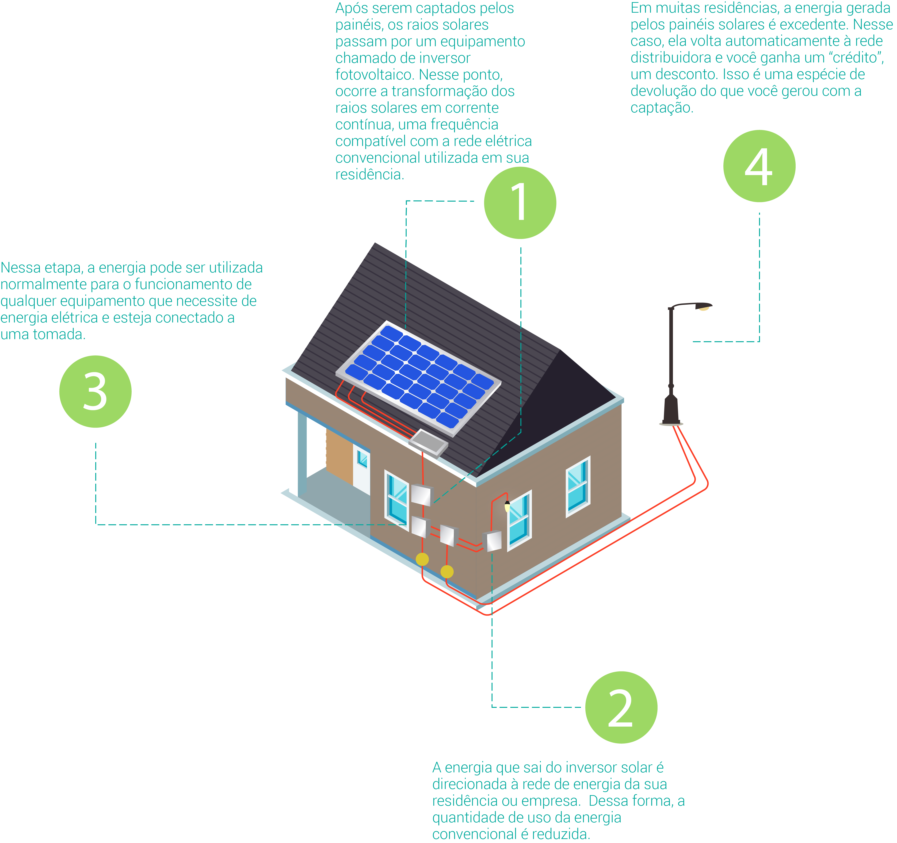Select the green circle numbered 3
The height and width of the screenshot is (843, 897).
tap(95, 391)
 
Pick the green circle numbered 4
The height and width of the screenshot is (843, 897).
tap(759, 166)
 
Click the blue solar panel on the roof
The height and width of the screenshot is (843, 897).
tap(418, 378)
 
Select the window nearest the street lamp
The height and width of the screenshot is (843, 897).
tap(578, 487)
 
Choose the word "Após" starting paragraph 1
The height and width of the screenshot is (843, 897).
tap(350, 8)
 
